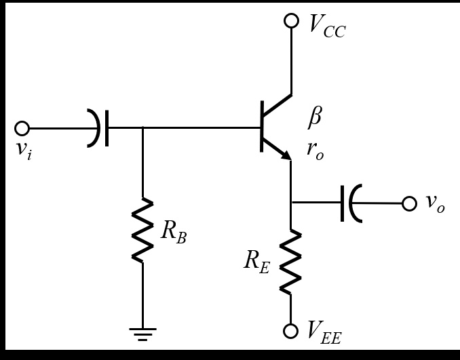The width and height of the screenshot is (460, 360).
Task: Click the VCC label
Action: click(327, 25)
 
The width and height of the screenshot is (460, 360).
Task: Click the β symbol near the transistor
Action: click(315, 117)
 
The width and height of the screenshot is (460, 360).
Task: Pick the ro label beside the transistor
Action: click(315, 151)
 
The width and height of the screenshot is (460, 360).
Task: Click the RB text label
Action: click(174, 231)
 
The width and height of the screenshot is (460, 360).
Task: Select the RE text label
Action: click(257, 262)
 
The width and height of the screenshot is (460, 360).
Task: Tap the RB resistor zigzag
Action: click(142, 231)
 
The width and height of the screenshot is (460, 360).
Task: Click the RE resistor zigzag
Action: click(291, 261)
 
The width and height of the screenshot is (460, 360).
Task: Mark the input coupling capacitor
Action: click(101, 127)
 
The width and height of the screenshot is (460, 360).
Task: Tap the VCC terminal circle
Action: click(291, 20)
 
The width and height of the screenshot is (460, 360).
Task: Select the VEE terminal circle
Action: click(291, 331)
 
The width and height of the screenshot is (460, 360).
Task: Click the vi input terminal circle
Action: click(22, 128)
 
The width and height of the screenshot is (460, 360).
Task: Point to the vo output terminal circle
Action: click(409, 203)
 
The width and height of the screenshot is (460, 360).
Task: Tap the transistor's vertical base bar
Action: click(263, 127)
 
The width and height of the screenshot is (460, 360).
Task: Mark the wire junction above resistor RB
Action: click(142, 127)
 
